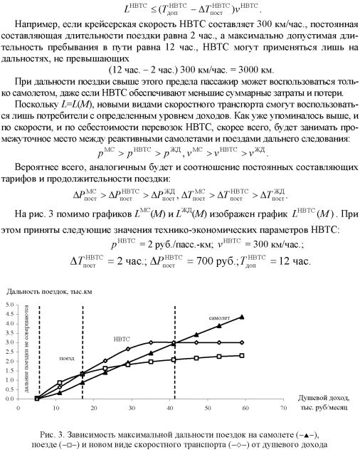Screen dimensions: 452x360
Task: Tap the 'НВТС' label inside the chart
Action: (122, 340)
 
